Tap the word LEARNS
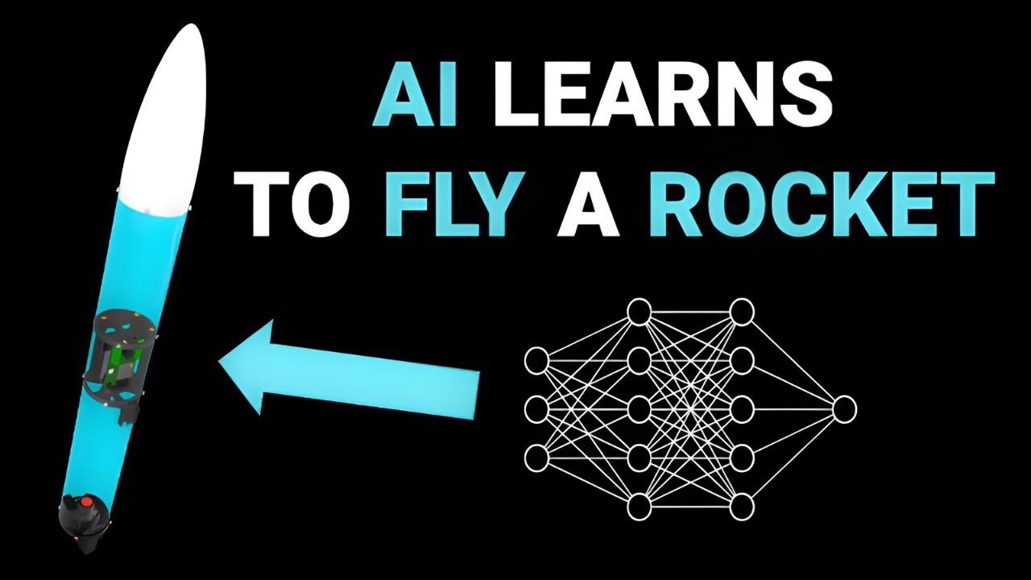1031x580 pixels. pyautogui.click(x=663, y=97)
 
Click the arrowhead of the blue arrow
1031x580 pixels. pyautogui.click(x=245, y=367)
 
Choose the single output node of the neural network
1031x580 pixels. pyautogui.click(x=844, y=408)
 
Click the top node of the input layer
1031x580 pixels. pyautogui.click(x=536, y=359)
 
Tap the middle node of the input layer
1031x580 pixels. pyautogui.click(x=536, y=408)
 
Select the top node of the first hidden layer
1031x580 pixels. pyautogui.click(x=640, y=312)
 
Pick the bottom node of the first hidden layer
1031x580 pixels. pyautogui.click(x=640, y=507)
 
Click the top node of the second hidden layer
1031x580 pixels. pyautogui.click(x=742, y=312)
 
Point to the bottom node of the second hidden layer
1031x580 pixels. pyautogui.click(x=742, y=507)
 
